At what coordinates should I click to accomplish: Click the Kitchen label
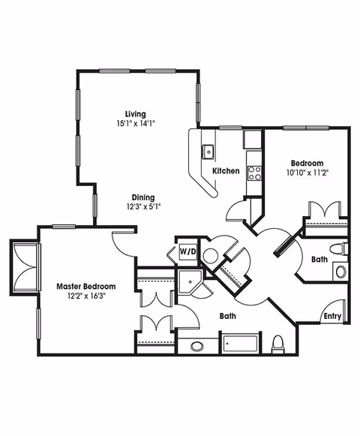click(x=226, y=171)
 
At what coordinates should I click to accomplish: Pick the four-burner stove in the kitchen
click(x=254, y=173)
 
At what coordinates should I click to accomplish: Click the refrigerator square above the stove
click(x=253, y=139)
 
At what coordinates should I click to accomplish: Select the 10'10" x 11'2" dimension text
click(x=307, y=173)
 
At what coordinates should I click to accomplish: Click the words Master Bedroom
click(x=87, y=287)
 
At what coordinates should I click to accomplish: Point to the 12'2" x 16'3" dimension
click(x=87, y=296)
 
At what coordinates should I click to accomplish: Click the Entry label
click(x=332, y=316)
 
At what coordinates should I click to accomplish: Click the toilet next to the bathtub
click(x=278, y=344)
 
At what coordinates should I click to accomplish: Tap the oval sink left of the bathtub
click(x=197, y=347)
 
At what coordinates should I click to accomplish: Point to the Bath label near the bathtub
click(x=229, y=317)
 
